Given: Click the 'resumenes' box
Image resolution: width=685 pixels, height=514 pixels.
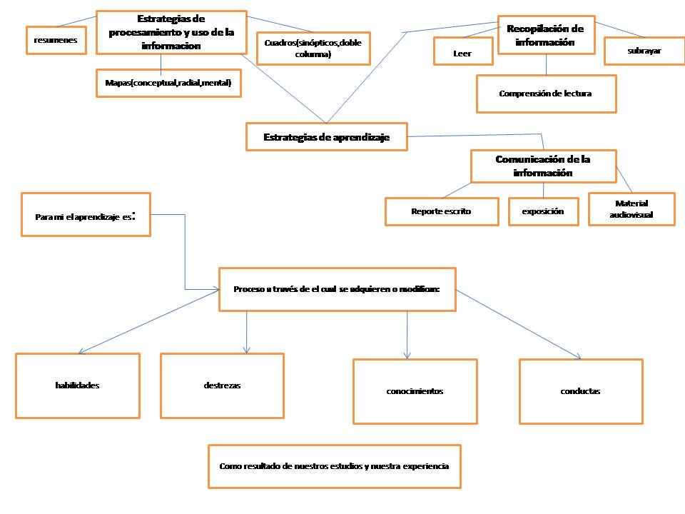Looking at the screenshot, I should (56, 40).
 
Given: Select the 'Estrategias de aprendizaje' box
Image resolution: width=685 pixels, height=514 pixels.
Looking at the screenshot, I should (327, 137).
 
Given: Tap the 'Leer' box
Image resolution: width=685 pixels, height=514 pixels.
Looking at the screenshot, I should (462, 52).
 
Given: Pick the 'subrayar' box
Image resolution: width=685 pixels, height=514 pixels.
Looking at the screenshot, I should (644, 51).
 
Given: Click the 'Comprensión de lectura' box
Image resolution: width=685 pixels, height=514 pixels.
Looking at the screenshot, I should (546, 94).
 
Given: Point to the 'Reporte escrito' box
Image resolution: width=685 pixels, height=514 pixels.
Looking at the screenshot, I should (442, 211).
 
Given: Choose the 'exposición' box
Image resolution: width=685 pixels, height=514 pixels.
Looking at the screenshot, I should (543, 211).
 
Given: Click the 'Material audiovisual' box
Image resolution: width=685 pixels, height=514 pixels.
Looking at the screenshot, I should (631, 208).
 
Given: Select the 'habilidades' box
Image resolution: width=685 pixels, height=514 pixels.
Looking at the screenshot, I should (77, 385).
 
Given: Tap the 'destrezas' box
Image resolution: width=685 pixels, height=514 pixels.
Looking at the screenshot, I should (222, 385).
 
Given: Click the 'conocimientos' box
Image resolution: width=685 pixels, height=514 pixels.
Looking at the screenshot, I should (415, 391).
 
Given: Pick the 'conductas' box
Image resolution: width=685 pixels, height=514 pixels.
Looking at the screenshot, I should (581, 391).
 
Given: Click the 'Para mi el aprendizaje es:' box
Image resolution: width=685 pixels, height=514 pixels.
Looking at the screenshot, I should (86, 214).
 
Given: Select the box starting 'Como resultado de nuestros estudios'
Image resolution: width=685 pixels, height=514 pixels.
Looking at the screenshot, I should (334, 466).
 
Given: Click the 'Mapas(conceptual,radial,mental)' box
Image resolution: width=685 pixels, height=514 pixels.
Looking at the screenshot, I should (168, 84).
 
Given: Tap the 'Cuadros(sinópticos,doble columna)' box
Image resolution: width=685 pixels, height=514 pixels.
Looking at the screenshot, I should (313, 48).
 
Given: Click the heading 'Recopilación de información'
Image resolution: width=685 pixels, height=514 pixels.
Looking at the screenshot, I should (546, 35).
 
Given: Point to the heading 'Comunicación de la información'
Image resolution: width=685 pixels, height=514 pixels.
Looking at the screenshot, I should (543, 166).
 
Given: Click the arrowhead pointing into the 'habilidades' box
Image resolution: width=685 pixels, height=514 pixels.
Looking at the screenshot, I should (81, 351).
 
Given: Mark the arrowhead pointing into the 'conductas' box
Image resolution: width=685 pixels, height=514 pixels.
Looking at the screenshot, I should (579, 357).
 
